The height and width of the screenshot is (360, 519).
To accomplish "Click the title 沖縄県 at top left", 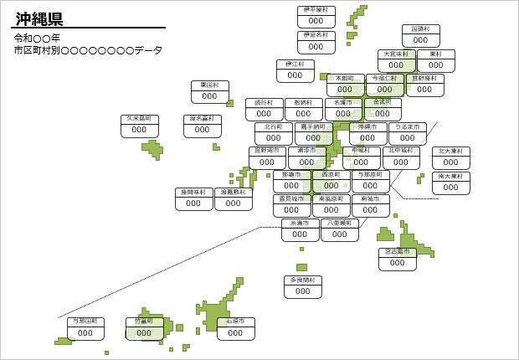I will point(39,18).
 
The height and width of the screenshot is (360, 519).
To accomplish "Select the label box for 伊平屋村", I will point(316,16).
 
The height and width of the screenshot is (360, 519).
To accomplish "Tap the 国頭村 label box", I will point(421,35).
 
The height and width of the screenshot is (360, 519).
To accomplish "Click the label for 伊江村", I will point(295,70).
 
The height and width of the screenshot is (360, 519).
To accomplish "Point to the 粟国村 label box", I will point(210,91).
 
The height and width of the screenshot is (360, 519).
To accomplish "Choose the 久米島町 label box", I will point(140,125).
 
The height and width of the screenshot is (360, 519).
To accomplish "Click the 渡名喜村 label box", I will point(203,126).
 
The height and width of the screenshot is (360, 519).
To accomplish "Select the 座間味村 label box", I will point(194,198).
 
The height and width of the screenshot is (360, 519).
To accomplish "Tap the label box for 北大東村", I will point(451,157).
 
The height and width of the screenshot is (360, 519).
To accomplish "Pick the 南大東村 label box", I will point(451,183).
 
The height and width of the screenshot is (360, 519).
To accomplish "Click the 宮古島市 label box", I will point(398,258).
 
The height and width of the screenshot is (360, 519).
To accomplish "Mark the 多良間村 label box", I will point(303,286).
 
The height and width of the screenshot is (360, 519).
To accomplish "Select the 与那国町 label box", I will point(86,328).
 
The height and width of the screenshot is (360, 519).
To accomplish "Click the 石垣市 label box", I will point(236,328).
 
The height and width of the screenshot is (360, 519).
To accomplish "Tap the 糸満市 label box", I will point(301,229).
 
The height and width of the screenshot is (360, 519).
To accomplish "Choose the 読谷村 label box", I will point(265,109).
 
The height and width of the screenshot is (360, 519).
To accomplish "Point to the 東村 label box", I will point(436,60).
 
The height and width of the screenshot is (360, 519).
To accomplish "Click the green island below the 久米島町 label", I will point(153,149).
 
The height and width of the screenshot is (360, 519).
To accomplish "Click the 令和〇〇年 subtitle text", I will point(37,39).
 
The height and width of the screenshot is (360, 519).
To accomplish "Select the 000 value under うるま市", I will point(408,138).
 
